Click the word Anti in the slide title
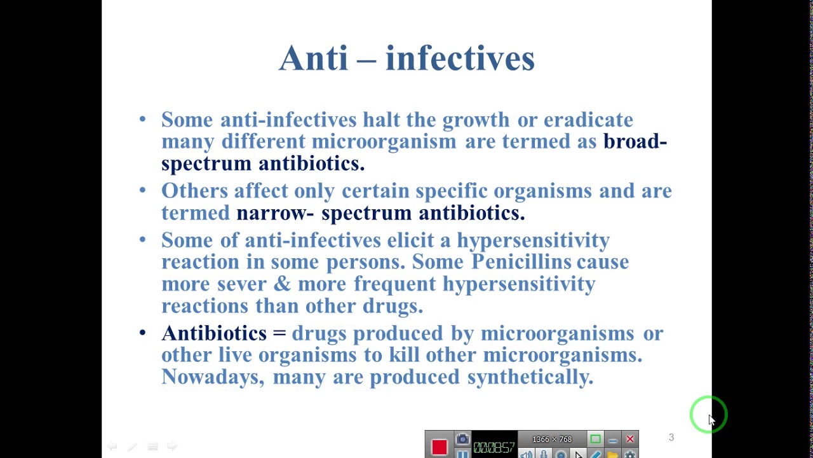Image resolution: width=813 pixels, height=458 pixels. [313, 59]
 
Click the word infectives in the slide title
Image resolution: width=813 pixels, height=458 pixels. [460, 59]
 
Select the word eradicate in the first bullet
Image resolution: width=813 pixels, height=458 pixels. [588, 120]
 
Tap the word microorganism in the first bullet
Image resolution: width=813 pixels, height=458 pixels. [384, 142]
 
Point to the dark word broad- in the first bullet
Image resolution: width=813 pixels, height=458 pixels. [635, 142]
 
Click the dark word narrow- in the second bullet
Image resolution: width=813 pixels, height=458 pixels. [274, 214]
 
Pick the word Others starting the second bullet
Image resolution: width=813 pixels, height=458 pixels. [194, 191]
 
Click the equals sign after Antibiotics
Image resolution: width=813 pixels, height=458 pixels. [279, 333]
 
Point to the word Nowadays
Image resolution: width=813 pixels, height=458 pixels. [212, 377]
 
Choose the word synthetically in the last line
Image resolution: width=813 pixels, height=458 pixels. [530, 377]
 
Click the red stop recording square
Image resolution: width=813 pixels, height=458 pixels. [439, 447]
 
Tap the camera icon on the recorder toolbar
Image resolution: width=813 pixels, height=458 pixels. [462, 439]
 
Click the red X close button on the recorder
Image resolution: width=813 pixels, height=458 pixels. [629, 439]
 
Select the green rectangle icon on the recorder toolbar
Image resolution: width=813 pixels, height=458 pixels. [595, 439]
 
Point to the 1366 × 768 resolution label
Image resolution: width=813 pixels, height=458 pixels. [551, 440]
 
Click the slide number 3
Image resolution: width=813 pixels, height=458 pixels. [671, 438]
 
